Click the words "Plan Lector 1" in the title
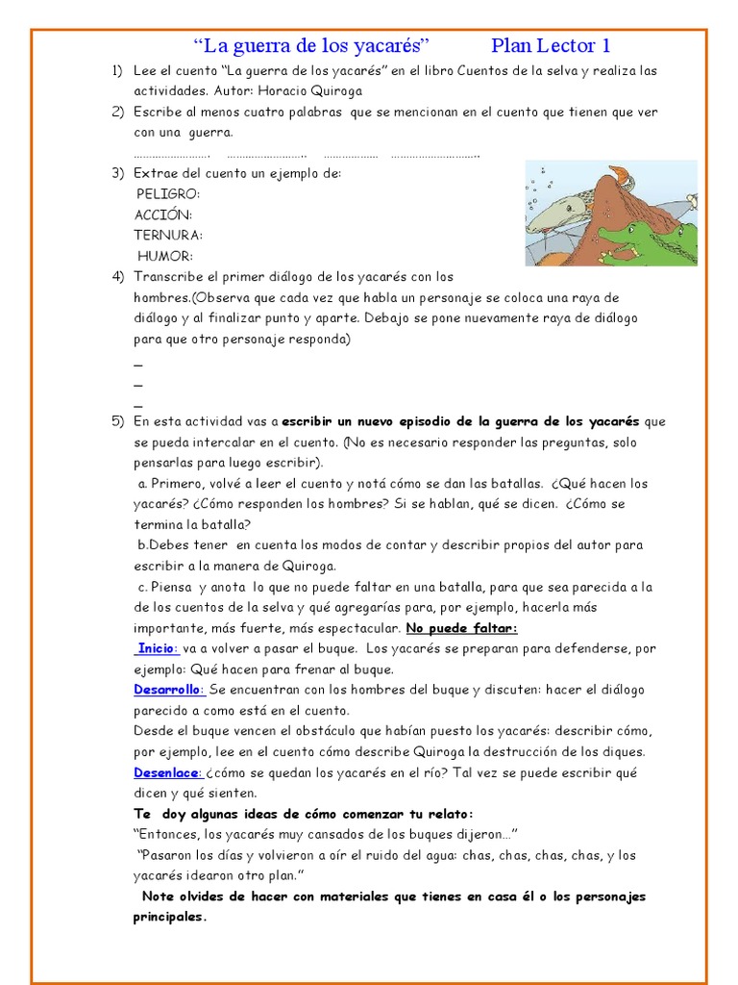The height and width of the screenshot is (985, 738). (551, 45)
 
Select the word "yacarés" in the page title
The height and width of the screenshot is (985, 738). (386, 45)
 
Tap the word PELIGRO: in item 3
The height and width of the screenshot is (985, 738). (168, 194)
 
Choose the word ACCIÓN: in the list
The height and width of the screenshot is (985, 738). (163, 215)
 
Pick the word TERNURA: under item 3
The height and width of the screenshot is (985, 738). (168, 236)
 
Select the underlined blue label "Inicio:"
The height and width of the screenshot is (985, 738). (158, 648)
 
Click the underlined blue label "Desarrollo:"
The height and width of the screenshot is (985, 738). (168, 690)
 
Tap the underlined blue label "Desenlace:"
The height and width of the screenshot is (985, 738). (167, 772)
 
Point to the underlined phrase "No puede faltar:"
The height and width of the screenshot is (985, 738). (461, 628)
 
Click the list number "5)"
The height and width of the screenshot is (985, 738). (117, 421)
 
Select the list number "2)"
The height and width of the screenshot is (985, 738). (117, 112)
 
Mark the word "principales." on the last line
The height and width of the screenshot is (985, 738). (170, 917)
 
